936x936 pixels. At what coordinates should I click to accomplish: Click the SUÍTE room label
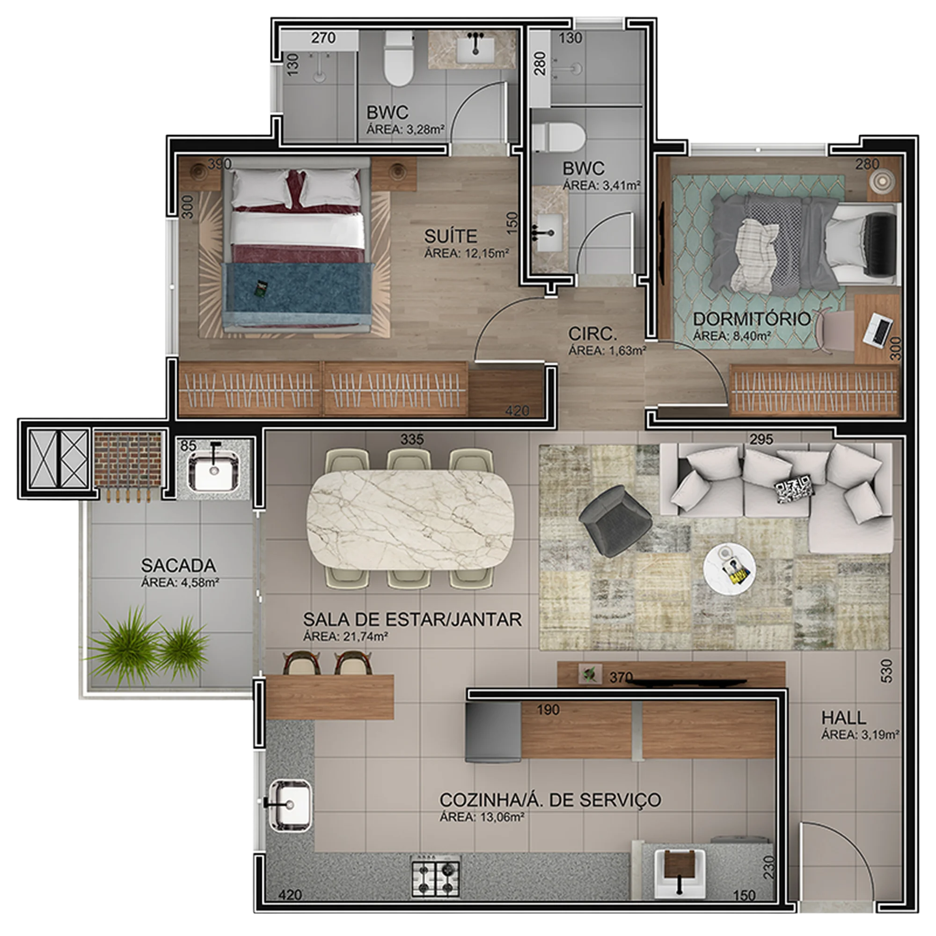[x=451, y=236]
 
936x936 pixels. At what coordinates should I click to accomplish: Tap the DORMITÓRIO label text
[x=752, y=318]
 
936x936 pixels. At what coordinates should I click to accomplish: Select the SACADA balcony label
[x=178, y=565]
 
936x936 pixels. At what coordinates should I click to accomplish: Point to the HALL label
[x=843, y=717]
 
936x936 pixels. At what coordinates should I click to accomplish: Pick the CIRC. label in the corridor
[x=592, y=333]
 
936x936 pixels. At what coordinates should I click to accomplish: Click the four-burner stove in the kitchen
[x=436, y=876]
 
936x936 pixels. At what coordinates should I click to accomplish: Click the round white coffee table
[x=729, y=567]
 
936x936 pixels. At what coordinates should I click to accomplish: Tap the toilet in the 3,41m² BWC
[x=558, y=137]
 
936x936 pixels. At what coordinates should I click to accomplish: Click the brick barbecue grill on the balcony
[x=128, y=459]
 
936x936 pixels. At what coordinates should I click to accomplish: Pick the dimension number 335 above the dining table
[x=412, y=439]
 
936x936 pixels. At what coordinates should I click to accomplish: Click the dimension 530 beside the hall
[x=886, y=671]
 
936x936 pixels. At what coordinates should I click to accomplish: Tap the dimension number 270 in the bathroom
[x=323, y=37]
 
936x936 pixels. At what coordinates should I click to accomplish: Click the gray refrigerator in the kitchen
[x=493, y=732]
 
